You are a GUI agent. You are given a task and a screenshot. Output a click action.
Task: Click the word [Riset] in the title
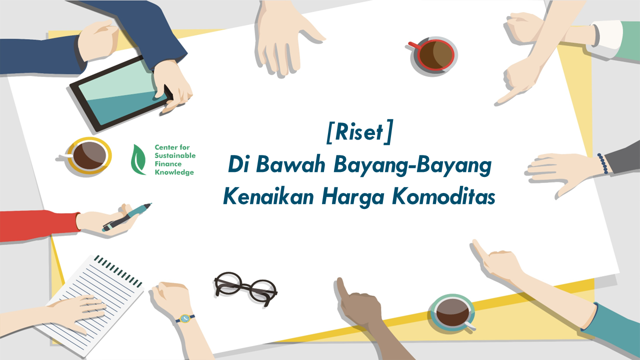[x=359, y=132]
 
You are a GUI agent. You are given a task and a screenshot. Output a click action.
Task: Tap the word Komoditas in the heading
[x=443, y=197]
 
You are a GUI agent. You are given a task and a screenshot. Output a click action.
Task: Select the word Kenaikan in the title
[x=268, y=197]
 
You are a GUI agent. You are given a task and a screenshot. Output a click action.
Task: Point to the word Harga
[x=352, y=197]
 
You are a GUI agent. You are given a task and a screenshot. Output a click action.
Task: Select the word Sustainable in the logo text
[x=175, y=155]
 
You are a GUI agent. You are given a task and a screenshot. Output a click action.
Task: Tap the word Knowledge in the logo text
[x=174, y=172]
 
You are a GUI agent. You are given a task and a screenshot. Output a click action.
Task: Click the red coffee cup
[x=433, y=55]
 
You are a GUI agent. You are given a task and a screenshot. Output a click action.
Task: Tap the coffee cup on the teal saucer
[x=453, y=312]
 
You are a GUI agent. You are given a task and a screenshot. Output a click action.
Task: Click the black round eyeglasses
[x=245, y=288]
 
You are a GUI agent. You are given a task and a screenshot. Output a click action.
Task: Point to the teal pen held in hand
[x=127, y=217]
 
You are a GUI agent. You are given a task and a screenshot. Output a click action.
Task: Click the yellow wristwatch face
[x=185, y=318]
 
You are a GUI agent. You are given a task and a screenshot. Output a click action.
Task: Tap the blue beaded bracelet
[x=602, y=163]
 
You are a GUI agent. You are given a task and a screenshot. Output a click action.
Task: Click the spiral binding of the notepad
[x=118, y=270]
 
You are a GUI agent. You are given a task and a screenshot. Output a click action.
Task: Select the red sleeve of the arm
[x=39, y=225]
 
